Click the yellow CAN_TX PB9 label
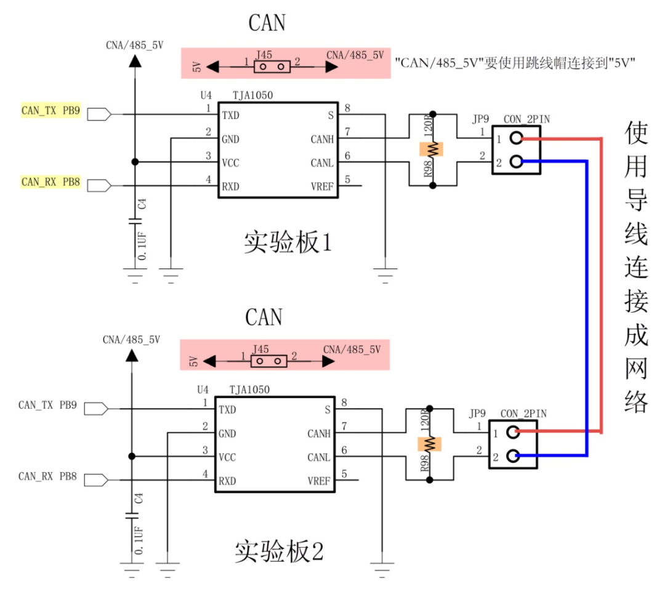[x=50, y=111]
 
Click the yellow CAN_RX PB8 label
[x=50, y=182]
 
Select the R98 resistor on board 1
[x=431, y=149]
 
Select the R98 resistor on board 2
[x=429, y=443]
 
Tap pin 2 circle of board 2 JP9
[x=513, y=456]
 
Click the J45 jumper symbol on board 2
[x=268, y=360]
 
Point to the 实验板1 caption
[x=288, y=243]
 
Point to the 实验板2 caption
[x=279, y=551]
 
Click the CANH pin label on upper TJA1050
[x=322, y=140]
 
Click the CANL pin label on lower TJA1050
[x=319, y=458]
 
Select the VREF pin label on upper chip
[x=323, y=186]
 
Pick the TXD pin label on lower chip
[x=227, y=410]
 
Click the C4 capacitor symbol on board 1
[x=134, y=222]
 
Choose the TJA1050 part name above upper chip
[x=252, y=95]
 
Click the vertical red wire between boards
[x=601, y=283]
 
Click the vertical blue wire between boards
[x=587, y=308]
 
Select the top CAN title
[x=267, y=23]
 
